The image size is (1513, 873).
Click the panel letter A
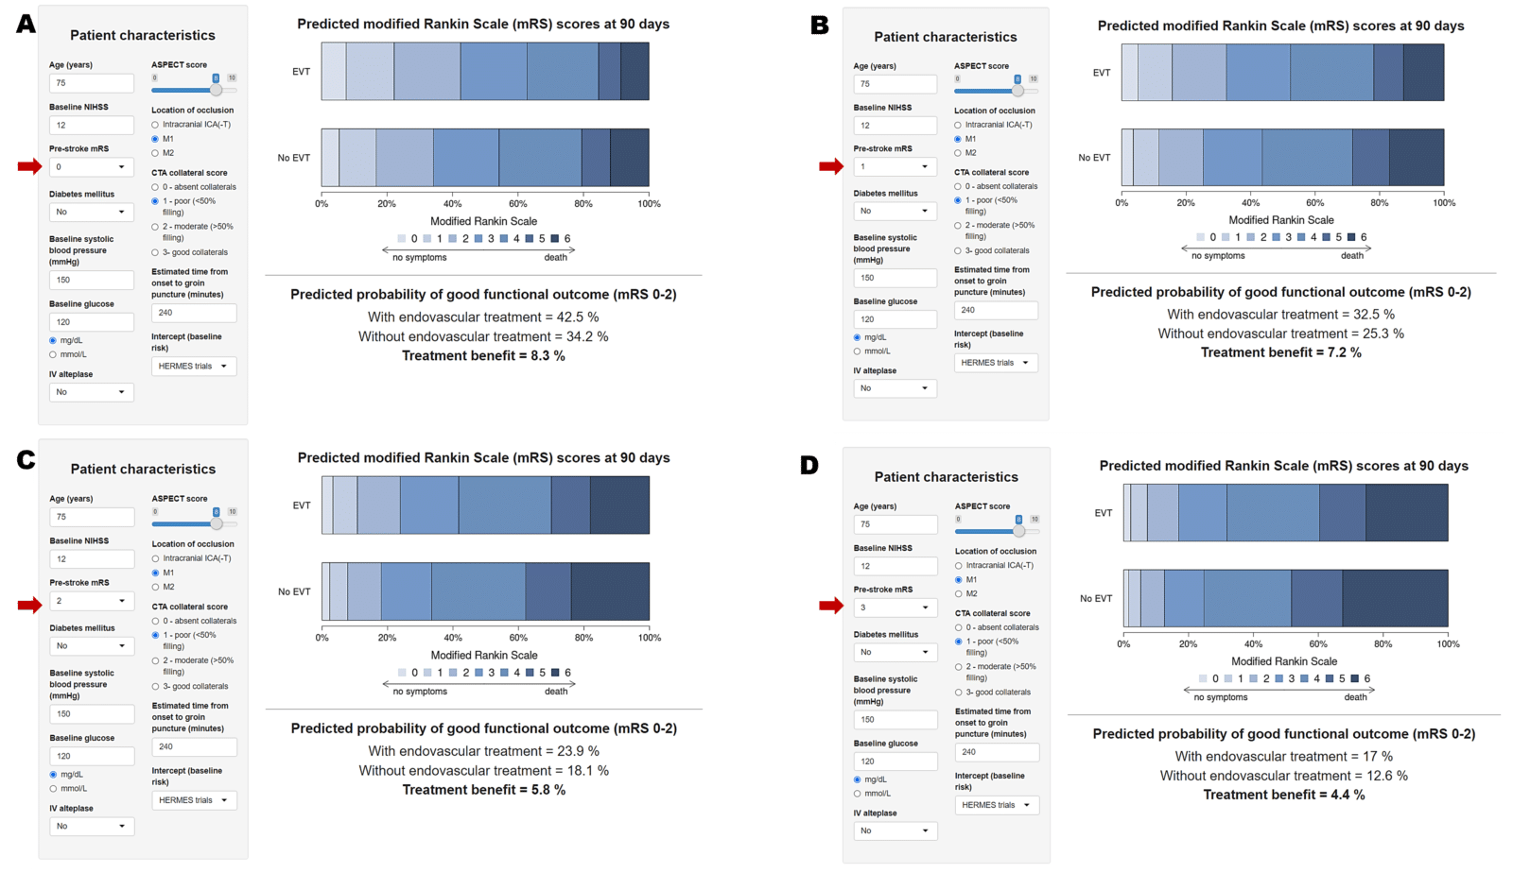(26, 24)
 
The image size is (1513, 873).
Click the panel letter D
(809, 465)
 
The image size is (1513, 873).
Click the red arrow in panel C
(29, 605)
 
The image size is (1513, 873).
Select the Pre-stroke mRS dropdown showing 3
(896, 608)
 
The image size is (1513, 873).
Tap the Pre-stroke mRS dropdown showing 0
(91, 167)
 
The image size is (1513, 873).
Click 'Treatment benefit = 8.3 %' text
(483, 356)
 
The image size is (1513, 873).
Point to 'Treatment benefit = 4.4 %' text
(1283, 795)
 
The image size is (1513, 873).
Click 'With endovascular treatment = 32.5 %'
(1280, 315)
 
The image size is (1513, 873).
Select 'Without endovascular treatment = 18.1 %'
(483, 771)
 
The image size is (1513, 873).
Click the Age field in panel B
(895, 84)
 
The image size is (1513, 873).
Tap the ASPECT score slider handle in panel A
(217, 90)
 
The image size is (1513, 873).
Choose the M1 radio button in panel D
(959, 580)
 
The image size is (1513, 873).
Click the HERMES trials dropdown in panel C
(194, 800)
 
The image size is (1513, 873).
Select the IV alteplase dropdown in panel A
(91, 392)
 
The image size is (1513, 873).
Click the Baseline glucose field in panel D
(896, 762)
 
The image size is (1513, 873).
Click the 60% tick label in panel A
(518, 204)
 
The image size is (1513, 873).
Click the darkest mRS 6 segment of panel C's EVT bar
(619, 505)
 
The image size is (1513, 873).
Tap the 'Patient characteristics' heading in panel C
(143, 470)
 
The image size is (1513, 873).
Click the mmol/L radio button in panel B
(858, 351)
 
